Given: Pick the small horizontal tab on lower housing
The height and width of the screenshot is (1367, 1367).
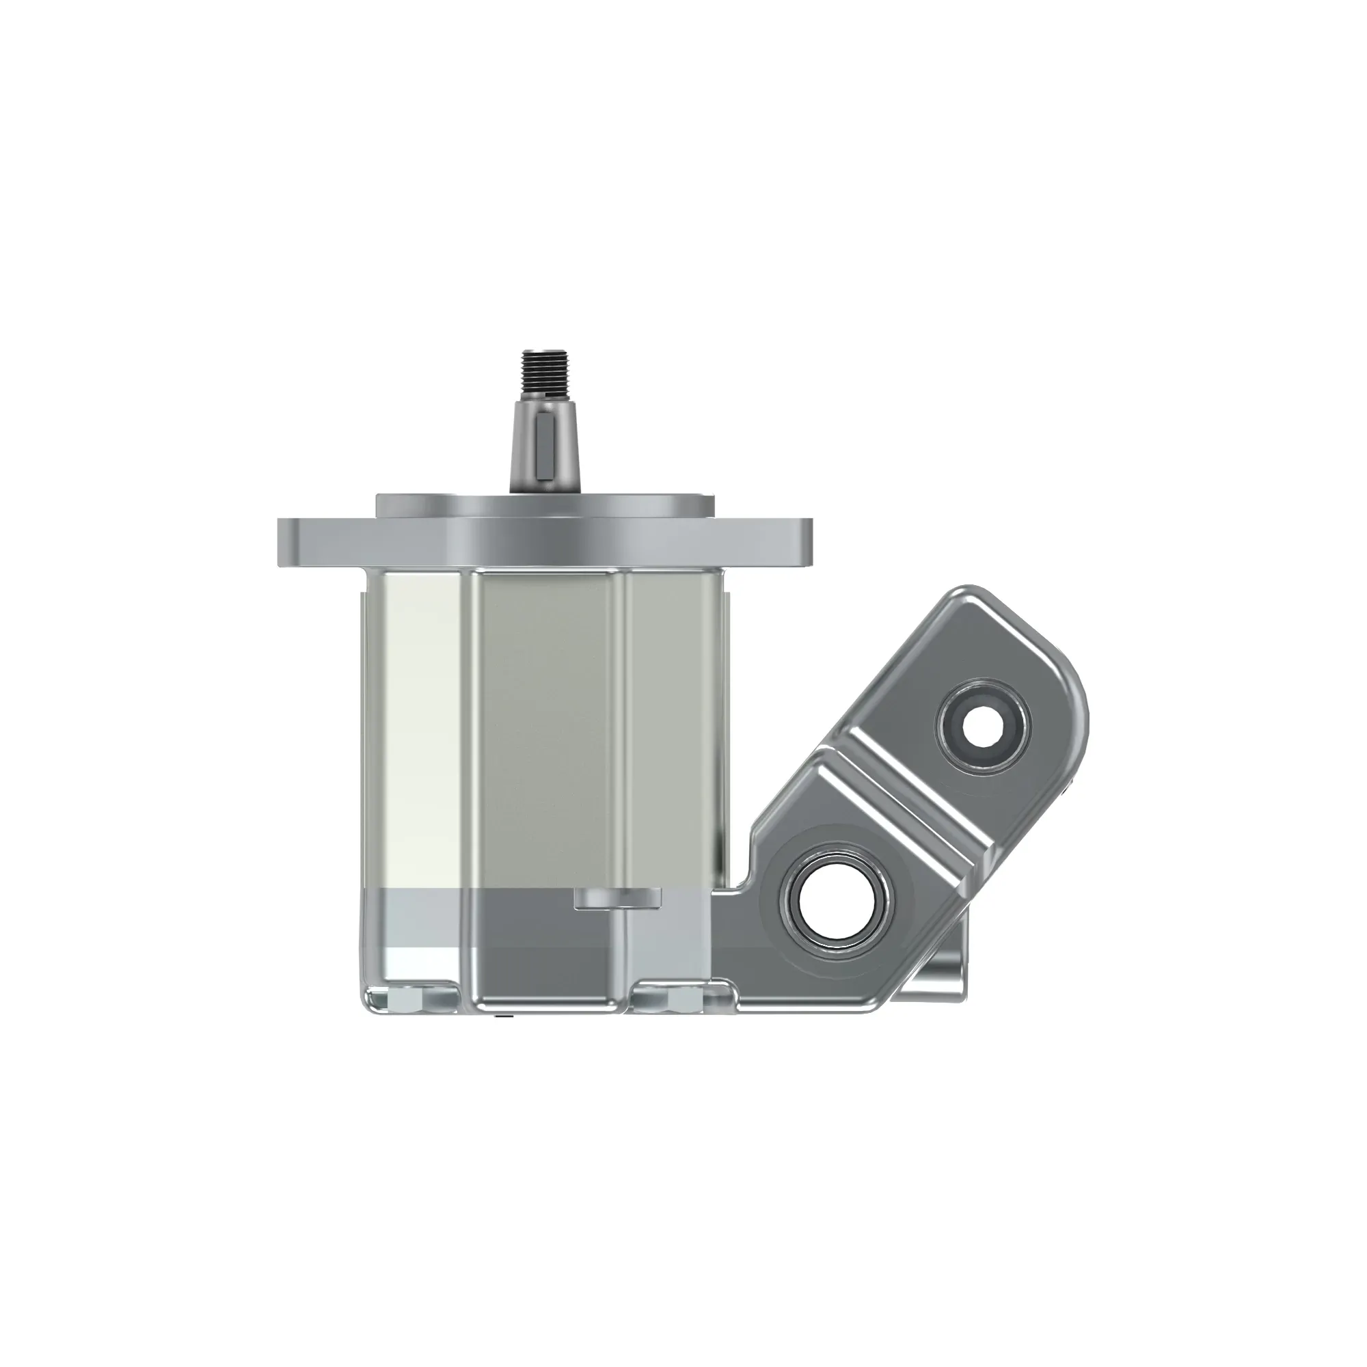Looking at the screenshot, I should point(617,898).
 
